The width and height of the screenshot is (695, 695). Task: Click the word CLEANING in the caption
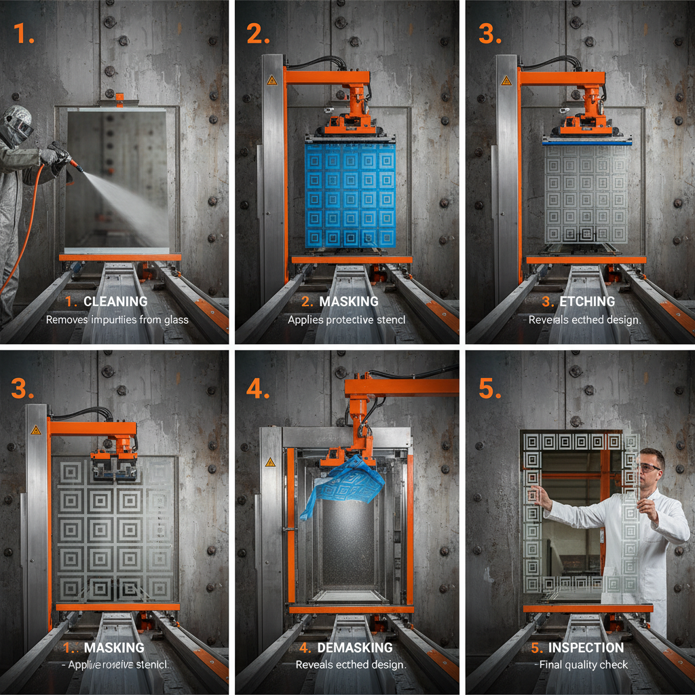pos(115,301)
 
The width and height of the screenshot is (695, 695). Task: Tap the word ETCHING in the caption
pos(587,301)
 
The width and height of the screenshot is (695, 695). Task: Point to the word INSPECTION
pos(586,647)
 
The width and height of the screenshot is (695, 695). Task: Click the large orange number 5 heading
pos(490,389)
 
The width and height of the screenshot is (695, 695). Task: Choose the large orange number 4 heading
pos(257,389)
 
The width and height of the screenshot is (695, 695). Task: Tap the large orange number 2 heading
pos(257,33)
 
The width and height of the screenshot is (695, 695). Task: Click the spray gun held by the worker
pos(64,157)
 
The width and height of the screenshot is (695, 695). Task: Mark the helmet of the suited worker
pos(18,123)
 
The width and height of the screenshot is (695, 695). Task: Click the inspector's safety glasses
pos(648,468)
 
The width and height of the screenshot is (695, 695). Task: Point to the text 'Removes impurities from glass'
pos(117,319)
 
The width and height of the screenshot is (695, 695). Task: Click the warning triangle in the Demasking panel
pos(270,462)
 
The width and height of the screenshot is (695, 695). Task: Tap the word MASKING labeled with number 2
pos(348,301)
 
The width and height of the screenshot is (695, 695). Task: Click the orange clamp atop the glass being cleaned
pos(119,100)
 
